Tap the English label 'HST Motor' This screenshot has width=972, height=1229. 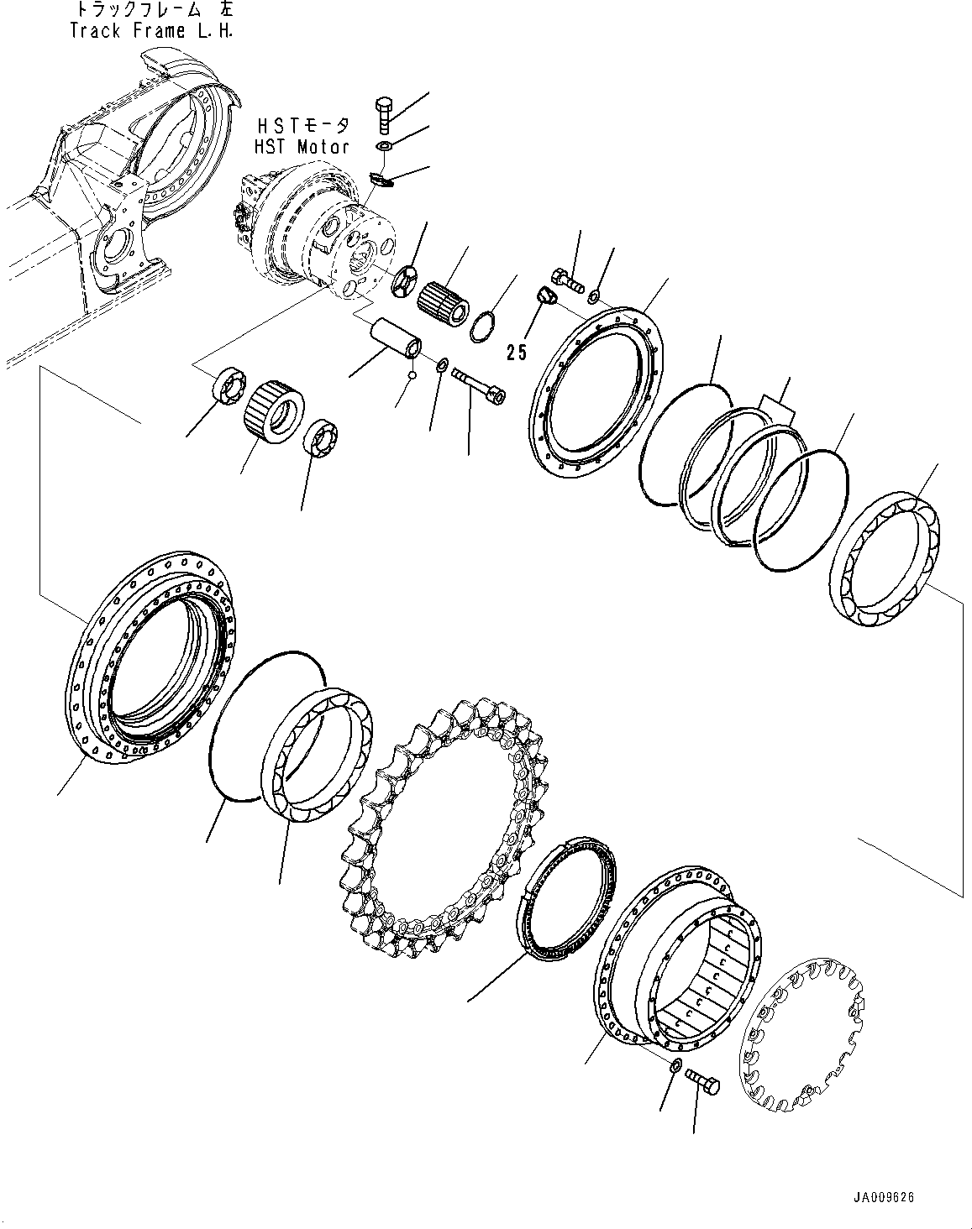302,146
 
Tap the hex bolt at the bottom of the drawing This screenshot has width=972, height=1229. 702,1081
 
